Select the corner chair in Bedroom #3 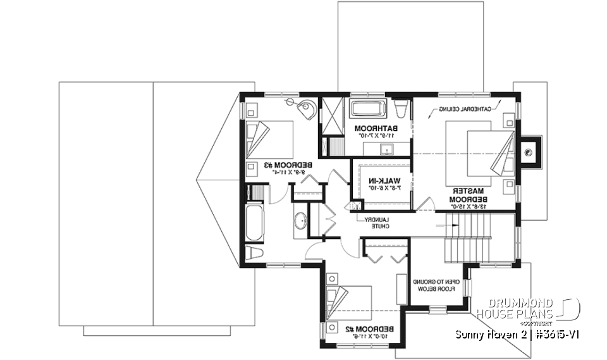tap(308, 109)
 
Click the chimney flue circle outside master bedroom tap(527, 151)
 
